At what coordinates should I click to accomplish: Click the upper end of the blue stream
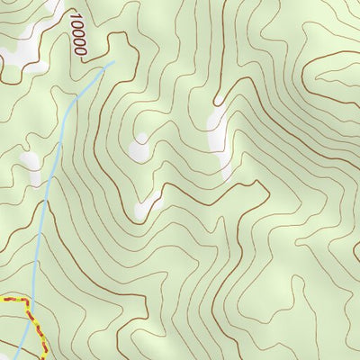114,62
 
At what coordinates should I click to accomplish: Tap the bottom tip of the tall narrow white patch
224,178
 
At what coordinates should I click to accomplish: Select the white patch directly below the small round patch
144,208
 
